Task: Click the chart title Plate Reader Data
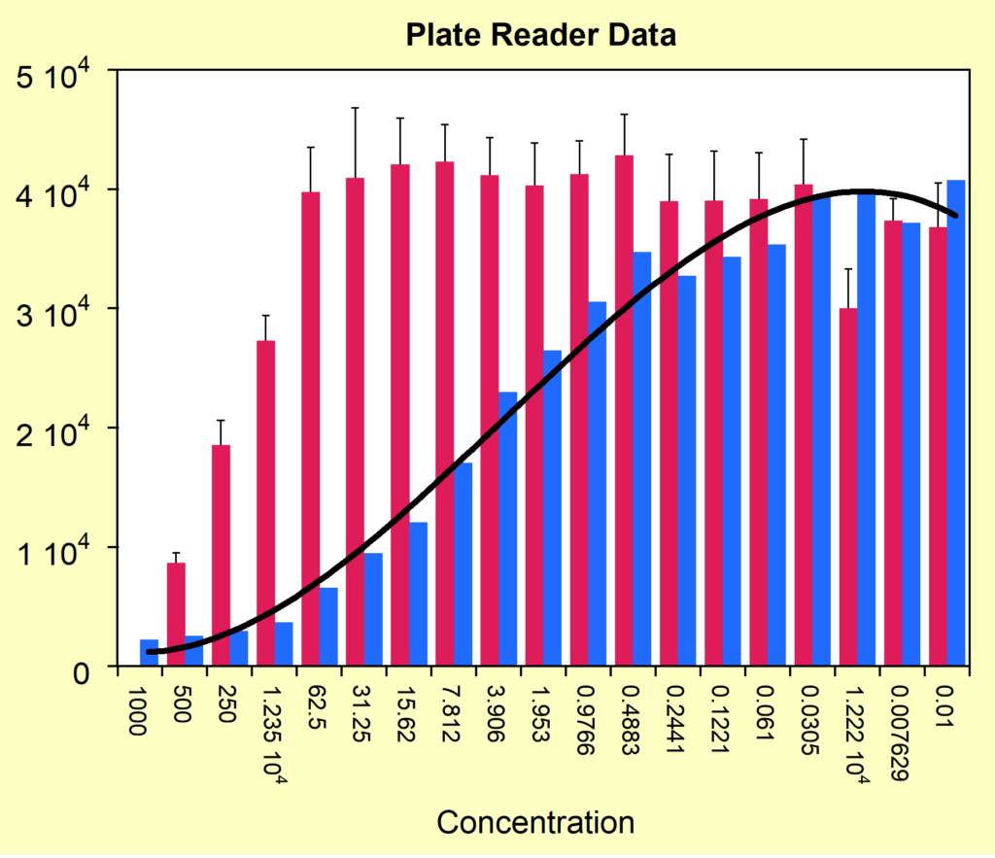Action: tap(540, 35)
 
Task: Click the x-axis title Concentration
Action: tap(535, 822)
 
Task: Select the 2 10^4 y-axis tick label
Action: tap(60, 433)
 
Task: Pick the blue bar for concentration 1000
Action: tap(149, 653)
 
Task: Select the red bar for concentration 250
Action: tap(222, 556)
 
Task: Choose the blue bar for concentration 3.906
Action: tap(507, 530)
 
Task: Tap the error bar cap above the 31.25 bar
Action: tap(356, 108)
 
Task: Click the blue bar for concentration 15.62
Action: tap(418, 595)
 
